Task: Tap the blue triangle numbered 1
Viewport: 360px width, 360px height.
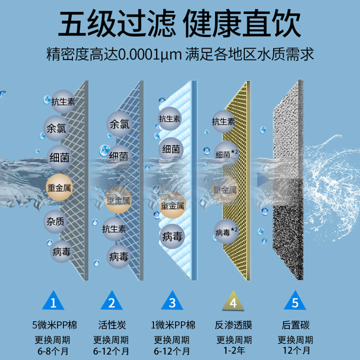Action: click(54, 301)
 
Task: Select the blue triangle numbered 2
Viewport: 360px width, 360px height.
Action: click(112, 301)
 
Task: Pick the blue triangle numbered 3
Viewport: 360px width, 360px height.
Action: click(172, 301)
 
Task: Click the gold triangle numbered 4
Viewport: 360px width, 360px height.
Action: click(233, 301)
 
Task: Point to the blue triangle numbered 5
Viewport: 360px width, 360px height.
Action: click(295, 301)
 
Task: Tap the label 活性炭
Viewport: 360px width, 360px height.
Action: click(111, 325)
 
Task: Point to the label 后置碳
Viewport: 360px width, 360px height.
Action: click(295, 325)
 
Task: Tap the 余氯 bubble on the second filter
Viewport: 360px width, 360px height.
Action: click(119, 123)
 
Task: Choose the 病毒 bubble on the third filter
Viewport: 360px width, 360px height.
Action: click(172, 237)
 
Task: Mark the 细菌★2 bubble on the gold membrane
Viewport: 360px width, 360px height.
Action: click(226, 154)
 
